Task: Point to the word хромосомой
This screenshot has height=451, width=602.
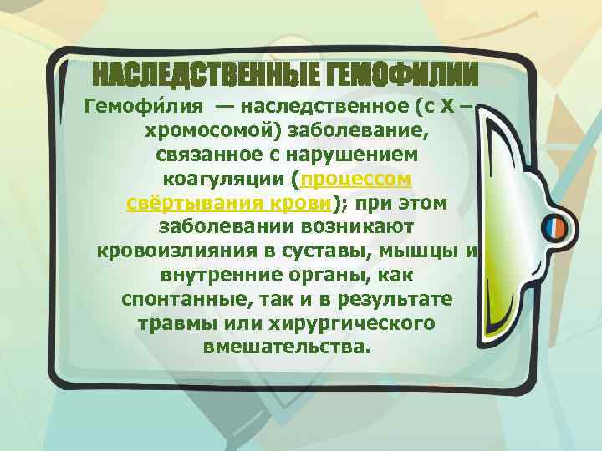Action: pyautogui.click(x=198, y=131)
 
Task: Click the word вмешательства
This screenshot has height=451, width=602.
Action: pyautogui.click(x=284, y=346)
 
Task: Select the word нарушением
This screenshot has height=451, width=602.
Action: pyautogui.click(x=355, y=155)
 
